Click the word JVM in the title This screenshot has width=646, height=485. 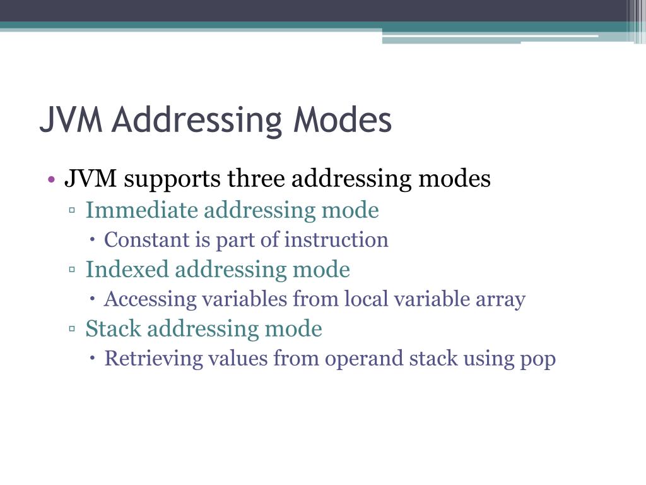pos(71,120)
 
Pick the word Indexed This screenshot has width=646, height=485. pos(127,270)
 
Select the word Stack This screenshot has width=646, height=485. pos(113,329)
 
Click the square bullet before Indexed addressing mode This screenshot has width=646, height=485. pos(73,270)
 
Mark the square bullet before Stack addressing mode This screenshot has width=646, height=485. pos(73,330)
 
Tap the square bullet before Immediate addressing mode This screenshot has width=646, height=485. pos(73,211)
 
